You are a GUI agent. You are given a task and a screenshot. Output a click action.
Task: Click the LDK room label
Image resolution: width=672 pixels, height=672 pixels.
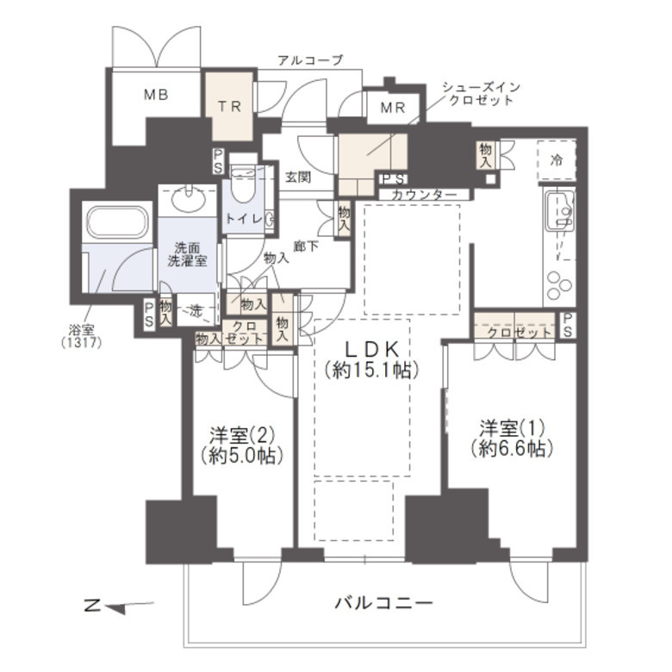pyautogui.click(x=371, y=360)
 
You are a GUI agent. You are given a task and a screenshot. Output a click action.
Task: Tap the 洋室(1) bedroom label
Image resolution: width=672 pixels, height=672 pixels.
pyautogui.click(x=512, y=438)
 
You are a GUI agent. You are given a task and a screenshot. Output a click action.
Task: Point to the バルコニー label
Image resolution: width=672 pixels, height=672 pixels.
pyautogui.click(x=383, y=603)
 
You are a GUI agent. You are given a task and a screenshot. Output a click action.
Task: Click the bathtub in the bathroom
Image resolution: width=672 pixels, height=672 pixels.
pyautogui.click(x=117, y=221)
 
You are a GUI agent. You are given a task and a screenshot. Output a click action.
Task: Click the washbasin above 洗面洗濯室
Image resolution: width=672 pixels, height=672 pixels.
pyautogui.click(x=188, y=199)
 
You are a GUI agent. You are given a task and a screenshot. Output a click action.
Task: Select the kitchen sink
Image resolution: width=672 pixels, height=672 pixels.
pyautogui.click(x=559, y=210)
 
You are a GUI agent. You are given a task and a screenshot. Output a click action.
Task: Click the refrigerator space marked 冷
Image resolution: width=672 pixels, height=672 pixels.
pyautogui.click(x=557, y=161)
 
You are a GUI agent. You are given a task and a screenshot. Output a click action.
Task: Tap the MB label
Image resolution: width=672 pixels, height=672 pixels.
pyautogui.click(x=156, y=94)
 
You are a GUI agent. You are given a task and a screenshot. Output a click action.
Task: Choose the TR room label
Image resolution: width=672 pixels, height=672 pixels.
pyautogui.click(x=229, y=106)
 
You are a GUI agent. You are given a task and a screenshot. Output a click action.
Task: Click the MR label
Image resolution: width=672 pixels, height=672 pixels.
pyautogui.click(x=393, y=108)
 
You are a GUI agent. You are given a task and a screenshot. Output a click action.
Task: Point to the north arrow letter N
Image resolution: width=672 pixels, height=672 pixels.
pyautogui.click(x=91, y=606)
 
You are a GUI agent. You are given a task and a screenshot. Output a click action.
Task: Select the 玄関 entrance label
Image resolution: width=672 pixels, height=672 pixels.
pyautogui.click(x=298, y=177)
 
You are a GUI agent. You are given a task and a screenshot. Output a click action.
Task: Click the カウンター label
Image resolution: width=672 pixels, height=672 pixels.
pyautogui.click(x=424, y=195)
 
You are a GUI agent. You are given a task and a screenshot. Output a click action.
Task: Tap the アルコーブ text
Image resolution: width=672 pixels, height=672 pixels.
pyautogui.click(x=310, y=60)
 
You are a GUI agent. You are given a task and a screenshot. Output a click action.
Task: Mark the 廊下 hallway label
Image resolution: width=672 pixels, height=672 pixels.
pyautogui.click(x=306, y=246)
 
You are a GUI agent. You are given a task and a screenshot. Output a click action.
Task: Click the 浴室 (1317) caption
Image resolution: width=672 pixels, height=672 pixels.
pyautogui.click(x=82, y=336)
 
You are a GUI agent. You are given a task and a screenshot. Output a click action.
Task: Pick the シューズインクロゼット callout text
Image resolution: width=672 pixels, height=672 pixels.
pyautogui.click(x=481, y=93)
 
